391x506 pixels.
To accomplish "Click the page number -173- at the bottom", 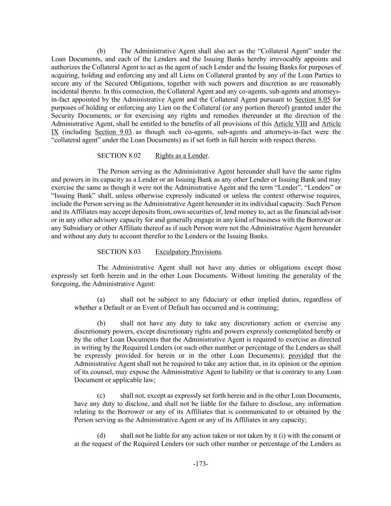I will tap(201, 464).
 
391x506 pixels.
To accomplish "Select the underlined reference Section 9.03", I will tap(113, 132).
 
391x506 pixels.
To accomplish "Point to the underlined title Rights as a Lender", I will tap(181, 156).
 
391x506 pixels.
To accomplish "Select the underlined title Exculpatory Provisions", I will tap(188, 252).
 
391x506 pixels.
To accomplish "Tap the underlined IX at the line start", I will tap(55, 132).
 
